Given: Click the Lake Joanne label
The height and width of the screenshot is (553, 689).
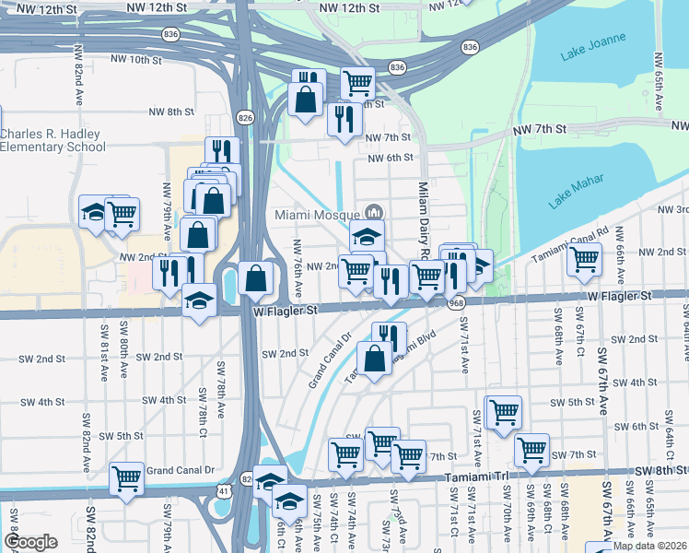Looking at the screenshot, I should click(593, 48).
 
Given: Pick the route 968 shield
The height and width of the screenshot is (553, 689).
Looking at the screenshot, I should click(458, 302).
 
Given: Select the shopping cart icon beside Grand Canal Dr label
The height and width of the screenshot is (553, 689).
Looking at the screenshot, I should click(126, 478).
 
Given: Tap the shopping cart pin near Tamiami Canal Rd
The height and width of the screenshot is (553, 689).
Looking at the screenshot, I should click(584, 259).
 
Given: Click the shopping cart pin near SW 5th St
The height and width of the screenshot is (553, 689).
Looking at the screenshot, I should click(503, 411).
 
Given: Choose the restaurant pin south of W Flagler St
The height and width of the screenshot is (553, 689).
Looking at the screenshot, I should click(389, 336).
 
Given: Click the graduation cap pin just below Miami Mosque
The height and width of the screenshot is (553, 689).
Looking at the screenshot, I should click(367, 236).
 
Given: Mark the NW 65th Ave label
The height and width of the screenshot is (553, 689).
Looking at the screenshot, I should click(658, 81).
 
